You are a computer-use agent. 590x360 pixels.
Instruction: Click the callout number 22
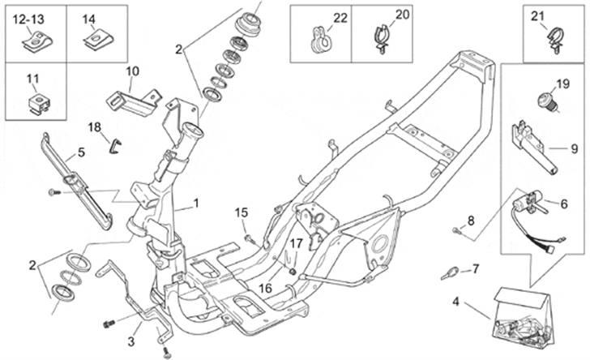(340, 17)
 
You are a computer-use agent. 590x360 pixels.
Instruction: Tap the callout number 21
(538, 16)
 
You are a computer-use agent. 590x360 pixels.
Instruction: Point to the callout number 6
(565, 204)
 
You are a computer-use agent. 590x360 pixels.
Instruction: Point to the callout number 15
(241, 212)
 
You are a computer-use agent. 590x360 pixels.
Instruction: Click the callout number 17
(297, 242)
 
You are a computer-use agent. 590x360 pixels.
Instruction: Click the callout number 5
(81, 152)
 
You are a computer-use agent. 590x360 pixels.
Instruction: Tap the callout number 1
(195, 203)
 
